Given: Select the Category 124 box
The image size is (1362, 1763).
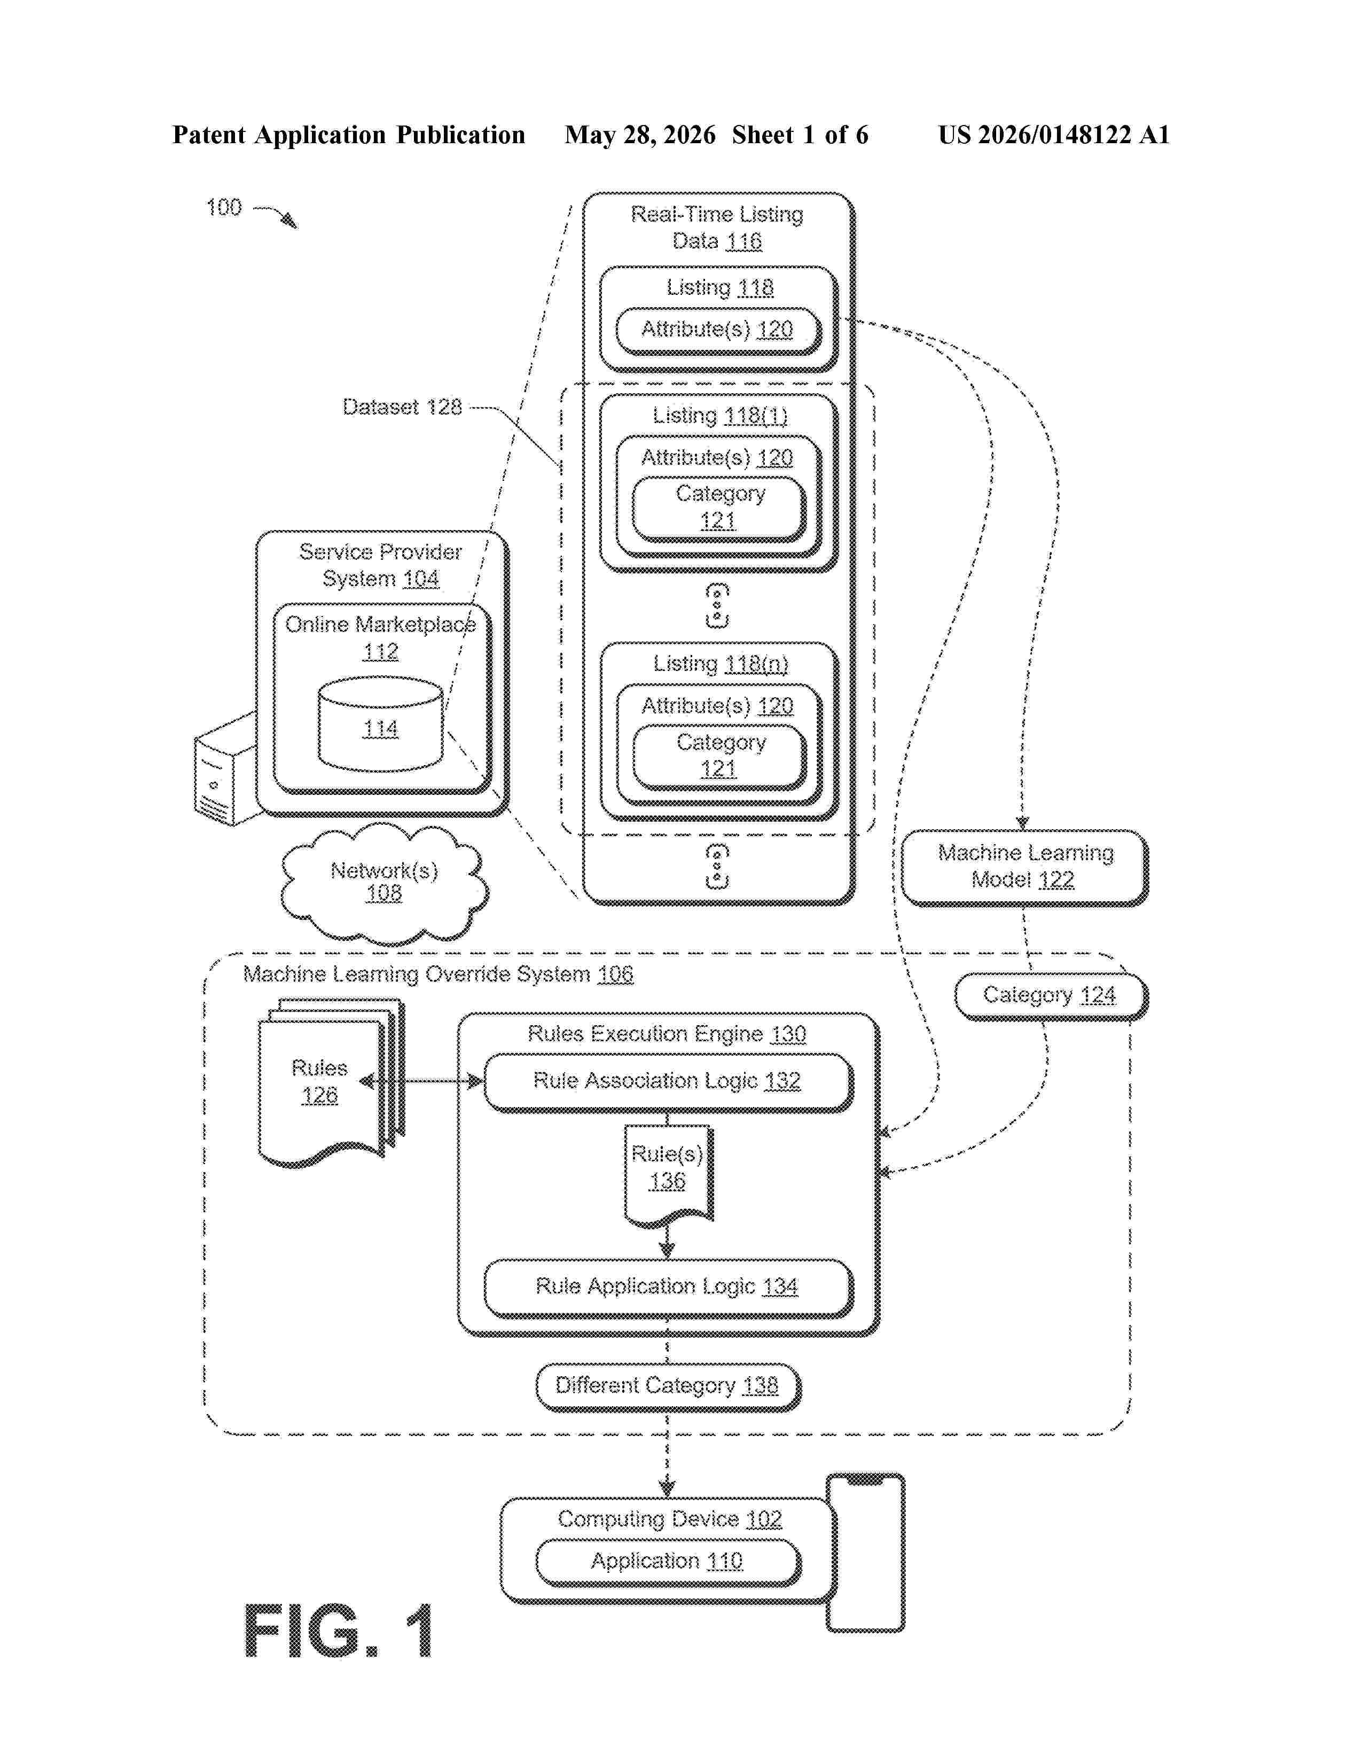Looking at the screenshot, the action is [1051, 996].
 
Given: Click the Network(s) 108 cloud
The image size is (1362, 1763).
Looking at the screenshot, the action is [384, 883].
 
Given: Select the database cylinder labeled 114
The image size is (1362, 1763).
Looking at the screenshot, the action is [380, 724].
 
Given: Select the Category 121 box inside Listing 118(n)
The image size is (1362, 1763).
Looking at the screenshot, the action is [720, 756].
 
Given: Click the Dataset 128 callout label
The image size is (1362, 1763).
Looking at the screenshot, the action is [402, 407].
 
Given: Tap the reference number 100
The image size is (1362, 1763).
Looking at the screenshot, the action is [223, 207].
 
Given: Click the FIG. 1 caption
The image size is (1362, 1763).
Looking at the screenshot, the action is [339, 1632].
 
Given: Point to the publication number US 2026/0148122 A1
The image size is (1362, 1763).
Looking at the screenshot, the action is [1054, 135].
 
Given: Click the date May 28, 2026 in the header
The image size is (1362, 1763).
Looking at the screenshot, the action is [640, 135].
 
